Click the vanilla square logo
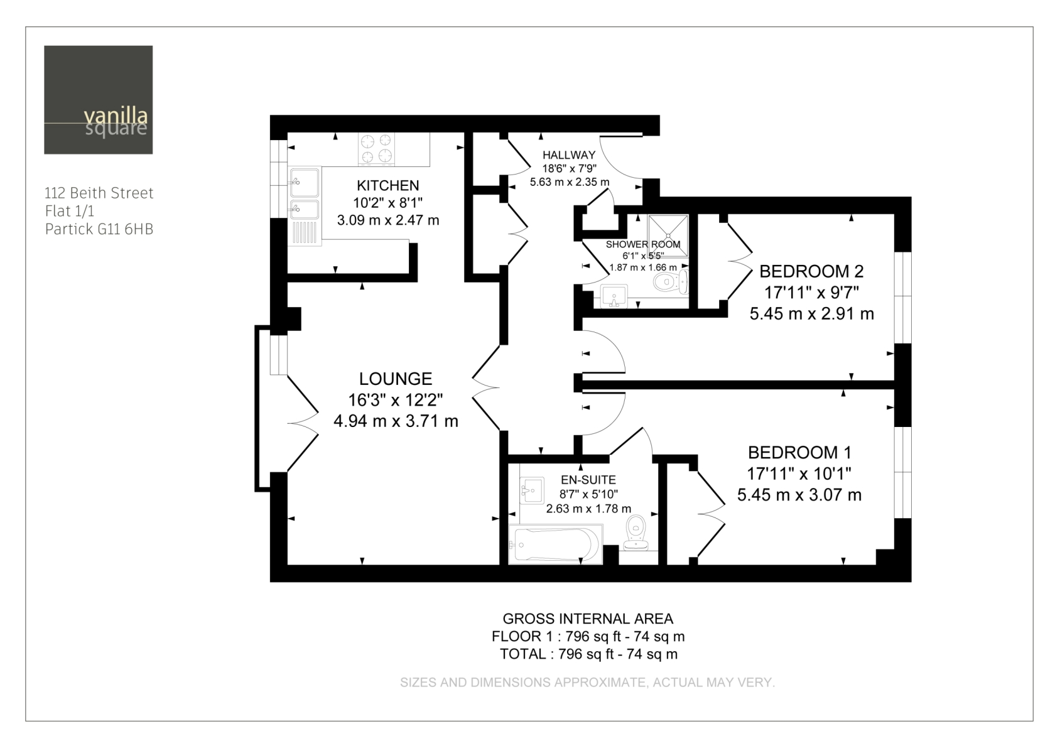coord(99,100)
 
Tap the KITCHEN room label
coord(387,185)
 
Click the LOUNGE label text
coord(396,379)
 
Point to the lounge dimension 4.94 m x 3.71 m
coord(396,421)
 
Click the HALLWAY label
coord(569,154)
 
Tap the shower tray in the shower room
coord(668,235)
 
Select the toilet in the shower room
coord(671,283)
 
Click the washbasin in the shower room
coord(614,296)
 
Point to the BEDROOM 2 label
coord(811,271)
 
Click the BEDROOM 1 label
coord(800,453)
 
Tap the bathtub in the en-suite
coord(556,544)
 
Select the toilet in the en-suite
coord(636,533)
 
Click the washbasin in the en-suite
coord(533,490)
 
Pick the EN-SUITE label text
coord(588,480)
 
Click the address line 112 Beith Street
coord(99,193)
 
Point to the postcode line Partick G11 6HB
coord(99,229)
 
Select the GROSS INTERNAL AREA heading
coord(588,619)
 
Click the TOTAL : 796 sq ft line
coord(589,654)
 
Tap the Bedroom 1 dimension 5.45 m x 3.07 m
coord(800,495)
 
